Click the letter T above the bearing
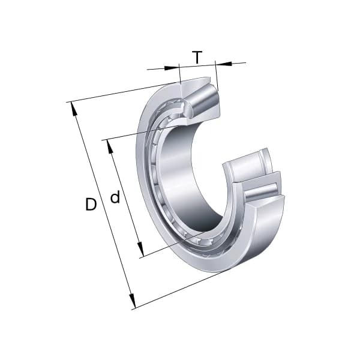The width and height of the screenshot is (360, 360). tap(197, 58)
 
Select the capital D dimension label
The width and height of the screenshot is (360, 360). tap(91, 205)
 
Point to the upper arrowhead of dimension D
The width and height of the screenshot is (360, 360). tap(74, 108)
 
